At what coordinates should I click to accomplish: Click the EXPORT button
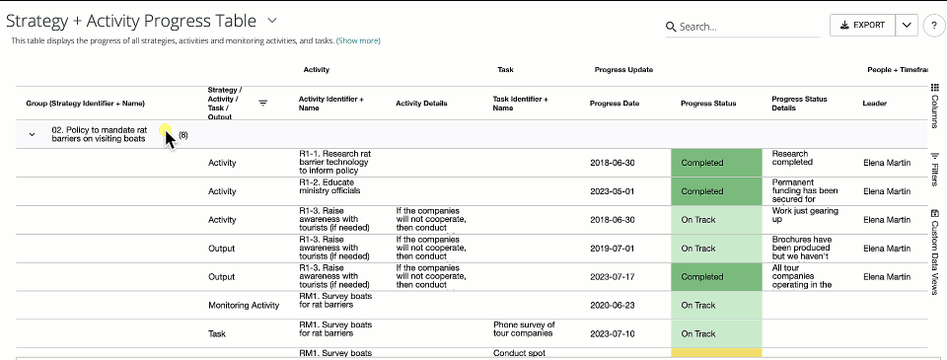point(862,26)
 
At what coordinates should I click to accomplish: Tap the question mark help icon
point(934,27)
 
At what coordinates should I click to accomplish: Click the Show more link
point(358,41)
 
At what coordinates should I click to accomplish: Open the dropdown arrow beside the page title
point(272,20)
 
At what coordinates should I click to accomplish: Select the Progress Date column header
point(615,103)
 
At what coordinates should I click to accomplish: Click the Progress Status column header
point(708,103)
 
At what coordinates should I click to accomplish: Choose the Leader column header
point(875,103)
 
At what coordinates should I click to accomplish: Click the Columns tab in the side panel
point(934,107)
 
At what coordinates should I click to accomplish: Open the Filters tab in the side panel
point(934,170)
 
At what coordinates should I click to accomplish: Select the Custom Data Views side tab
point(934,252)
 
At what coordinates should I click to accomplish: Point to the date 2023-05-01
point(613,191)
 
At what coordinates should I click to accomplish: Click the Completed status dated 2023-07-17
point(716,277)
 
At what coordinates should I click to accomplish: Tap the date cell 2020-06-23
point(613,306)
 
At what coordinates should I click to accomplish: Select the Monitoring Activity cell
point(244,306)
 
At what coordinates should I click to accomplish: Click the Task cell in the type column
point(217,334)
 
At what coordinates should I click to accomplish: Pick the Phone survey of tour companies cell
point(524,329)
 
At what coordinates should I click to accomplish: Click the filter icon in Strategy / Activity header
point(263,103)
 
